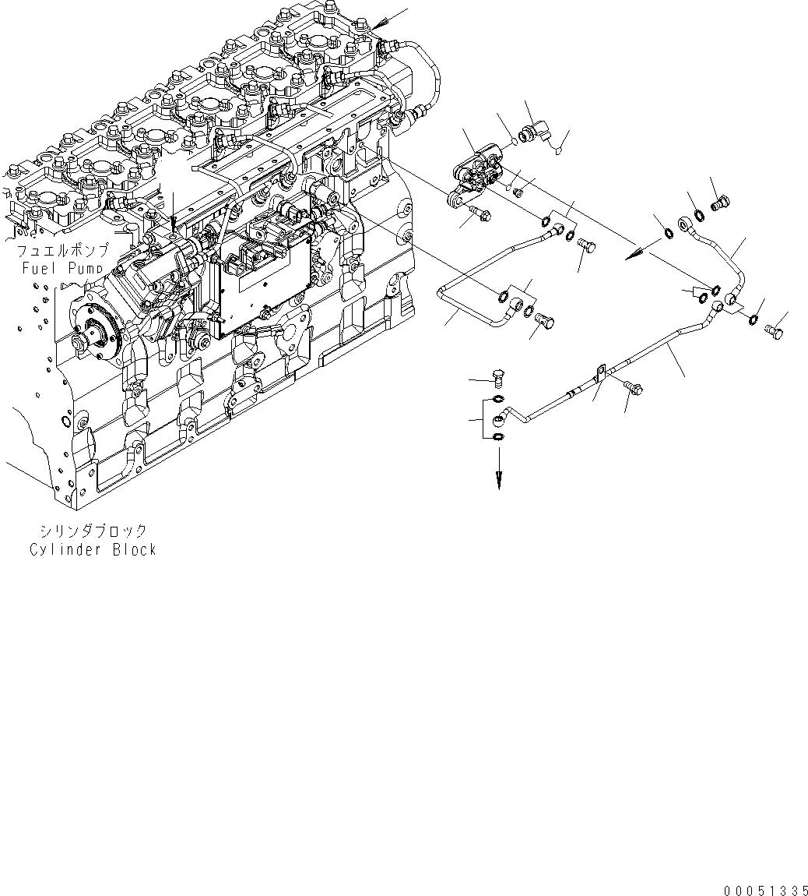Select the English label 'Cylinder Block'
pos(93,549)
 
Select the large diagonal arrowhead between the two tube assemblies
pos(636,251)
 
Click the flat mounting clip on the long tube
pos(599,375)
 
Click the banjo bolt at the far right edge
pos(775,333)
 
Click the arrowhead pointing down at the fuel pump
pos(173,228)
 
